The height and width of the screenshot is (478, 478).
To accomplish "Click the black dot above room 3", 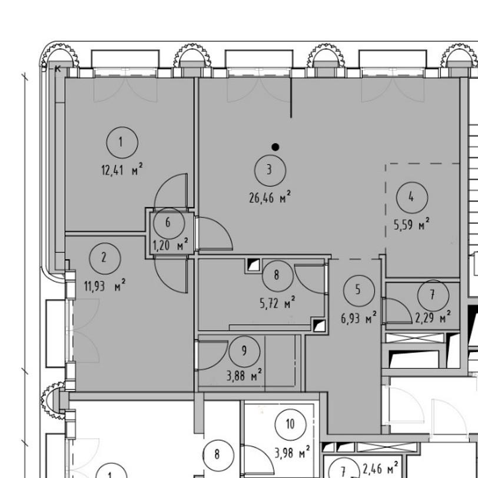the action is point(275,147).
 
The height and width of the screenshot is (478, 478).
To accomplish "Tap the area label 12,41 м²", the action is point(122,170).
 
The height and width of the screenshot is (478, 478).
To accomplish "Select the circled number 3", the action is point(270,170).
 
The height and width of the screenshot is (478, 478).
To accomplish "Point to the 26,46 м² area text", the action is point(270,198).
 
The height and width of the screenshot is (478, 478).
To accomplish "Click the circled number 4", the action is point(412,197).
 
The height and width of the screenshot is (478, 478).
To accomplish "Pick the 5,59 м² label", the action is point(411,224).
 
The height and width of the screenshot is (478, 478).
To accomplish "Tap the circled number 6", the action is point(169,224).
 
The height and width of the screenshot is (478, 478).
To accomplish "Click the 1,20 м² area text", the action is point(170,245).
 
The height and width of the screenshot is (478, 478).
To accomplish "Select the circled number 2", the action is point(105,258).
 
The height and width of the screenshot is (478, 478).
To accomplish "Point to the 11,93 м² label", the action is point(105,286).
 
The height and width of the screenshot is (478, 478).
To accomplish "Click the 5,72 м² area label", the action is point(277,303).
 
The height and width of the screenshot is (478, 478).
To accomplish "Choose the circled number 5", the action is point(359,290).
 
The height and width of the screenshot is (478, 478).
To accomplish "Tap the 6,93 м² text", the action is point(358,318).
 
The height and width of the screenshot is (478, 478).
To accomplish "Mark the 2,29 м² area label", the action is point(433,318).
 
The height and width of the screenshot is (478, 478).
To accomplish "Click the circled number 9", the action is point(244,351).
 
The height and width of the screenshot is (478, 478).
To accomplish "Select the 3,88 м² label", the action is point(244,375).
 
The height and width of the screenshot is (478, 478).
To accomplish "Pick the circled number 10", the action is point(290,424).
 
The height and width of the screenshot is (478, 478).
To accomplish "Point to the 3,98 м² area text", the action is point(292,452).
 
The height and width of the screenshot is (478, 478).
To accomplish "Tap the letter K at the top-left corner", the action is point(58,69).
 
